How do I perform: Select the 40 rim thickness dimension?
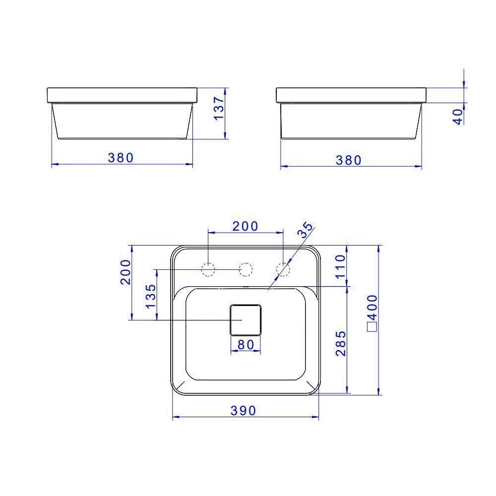(x=458, y=116)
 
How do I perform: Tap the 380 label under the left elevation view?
(x=121, y=158)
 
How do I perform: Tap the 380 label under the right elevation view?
(x=349, y=160)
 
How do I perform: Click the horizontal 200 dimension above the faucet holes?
(x=246, y=226)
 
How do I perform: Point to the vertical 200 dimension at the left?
(x=125, y=271)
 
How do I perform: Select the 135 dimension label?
(x=151, y=296)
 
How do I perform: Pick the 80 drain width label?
(x=246, y=344)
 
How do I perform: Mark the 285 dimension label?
(x=341, y=343)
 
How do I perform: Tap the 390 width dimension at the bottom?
(x=243, y=411)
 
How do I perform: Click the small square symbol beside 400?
(x=372, y=326)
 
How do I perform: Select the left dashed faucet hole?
(x=208, y=269)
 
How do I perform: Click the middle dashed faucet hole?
(x=246, y=269)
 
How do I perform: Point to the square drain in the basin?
(x=246, y=320)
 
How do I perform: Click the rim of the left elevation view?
(x=122, y=96)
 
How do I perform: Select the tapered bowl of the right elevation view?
(x=350, y=122)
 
